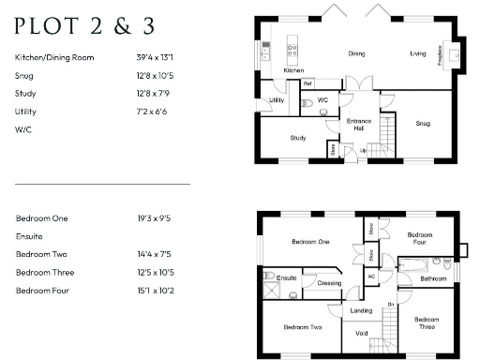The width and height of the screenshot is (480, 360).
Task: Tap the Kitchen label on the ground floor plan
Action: click(x=293, y=70)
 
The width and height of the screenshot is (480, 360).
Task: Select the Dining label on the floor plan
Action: click(x=356, y=53)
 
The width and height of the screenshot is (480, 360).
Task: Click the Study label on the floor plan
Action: click(x=298, y=138)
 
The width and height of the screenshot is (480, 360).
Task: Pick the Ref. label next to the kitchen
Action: click(x=307, y=83)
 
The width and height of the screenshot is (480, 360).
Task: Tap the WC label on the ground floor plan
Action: click(x=322, y=99)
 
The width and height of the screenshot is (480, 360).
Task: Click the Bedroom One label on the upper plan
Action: click(x=309, y=242)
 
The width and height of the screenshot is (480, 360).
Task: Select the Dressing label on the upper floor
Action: click(x=329, y=282)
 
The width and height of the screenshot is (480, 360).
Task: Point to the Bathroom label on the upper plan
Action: click(x=433, y=278)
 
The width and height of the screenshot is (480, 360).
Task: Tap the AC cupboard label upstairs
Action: click(x=371, y=277)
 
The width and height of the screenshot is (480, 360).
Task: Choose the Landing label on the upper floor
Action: click(x=362, y=310)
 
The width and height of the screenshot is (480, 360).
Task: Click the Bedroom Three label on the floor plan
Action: click(x=427, y=323)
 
